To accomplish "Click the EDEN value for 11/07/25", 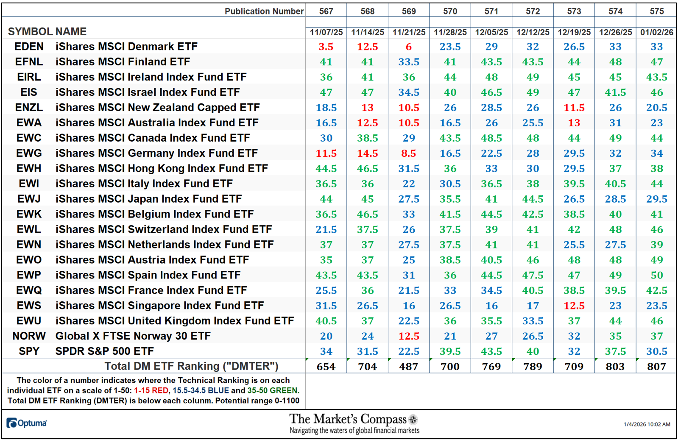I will (326, 47).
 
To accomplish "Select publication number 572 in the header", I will (533, 11).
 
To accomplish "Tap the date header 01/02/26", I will (656, 32).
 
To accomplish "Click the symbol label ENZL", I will (29, 108).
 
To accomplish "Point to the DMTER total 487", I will (409, 366).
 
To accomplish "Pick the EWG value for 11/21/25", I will (409, 153).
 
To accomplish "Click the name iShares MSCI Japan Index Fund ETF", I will (148, 199).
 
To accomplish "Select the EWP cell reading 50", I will (656, 275).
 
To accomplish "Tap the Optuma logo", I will (27, 423).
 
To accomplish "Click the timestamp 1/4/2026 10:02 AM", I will (647, 424).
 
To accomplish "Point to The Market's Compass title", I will (348, 419).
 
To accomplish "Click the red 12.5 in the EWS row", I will (574, 306).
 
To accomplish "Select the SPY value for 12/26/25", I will (615, 351).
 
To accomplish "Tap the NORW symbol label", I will (29, 336).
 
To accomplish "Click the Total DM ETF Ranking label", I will (191, 366).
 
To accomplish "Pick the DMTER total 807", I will (656, 366).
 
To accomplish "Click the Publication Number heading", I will (264, 11).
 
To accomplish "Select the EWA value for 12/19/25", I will (574, 123).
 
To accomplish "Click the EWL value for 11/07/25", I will (326, 229).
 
